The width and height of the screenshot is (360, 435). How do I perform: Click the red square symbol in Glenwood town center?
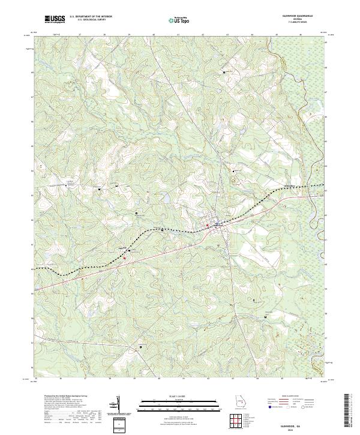[208, 225]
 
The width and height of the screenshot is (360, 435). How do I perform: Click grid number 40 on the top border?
[154, 35]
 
